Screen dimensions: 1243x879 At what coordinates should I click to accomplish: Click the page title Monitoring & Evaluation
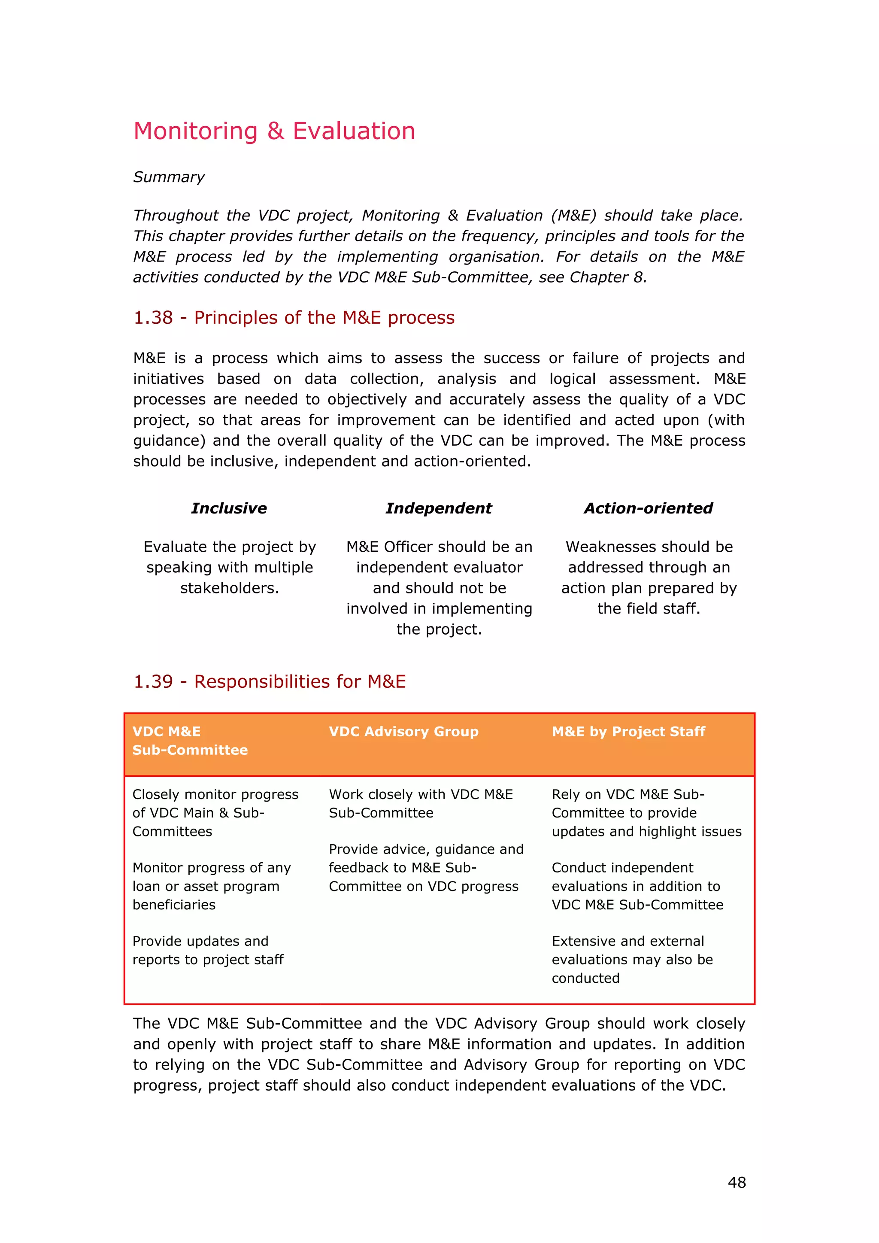tap(274, 131)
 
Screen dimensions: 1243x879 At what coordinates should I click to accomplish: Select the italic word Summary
tap(169, 177)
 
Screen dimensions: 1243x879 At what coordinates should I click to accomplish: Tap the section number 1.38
tap(153, 318)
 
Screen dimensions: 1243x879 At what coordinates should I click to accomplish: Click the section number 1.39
tap(153, 681)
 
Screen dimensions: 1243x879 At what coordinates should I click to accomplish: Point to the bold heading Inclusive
tap(229, 508)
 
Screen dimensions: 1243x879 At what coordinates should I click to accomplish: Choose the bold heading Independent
tap(438, 508)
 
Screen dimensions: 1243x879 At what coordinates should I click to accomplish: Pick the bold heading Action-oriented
tap(648, 508)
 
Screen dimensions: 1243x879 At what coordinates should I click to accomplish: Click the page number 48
tap(737, 1182)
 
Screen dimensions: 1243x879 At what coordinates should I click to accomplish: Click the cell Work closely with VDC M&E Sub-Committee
tap(421, 803)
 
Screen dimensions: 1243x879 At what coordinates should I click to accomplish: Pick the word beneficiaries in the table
tap(174, 905)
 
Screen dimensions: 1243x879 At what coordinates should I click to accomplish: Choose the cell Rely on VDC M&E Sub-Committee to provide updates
tap(646, 813)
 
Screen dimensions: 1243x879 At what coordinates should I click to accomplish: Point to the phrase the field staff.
tap(649, 608)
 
